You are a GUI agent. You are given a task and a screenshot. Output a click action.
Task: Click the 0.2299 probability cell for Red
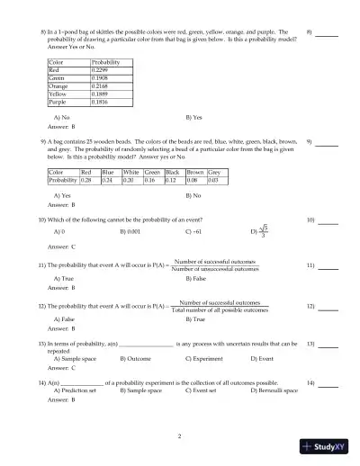[103, 69]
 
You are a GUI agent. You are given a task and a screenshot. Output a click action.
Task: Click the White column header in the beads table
[131, 171]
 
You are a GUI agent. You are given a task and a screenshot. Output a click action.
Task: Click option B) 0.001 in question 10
[130, 231]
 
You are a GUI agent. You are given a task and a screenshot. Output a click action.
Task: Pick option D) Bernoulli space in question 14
[274, 391]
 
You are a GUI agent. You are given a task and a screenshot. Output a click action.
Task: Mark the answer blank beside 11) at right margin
[327, 267]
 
